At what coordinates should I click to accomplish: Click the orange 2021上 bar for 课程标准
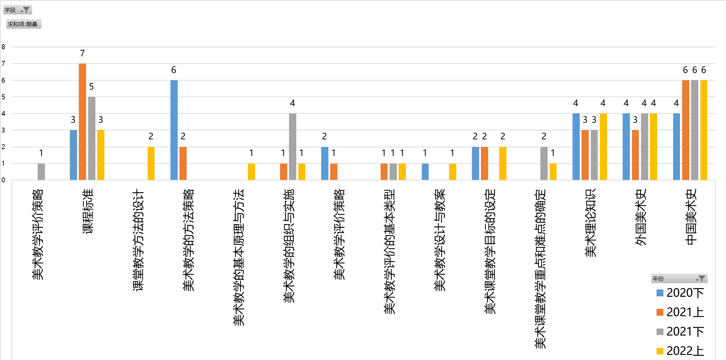[82, 121]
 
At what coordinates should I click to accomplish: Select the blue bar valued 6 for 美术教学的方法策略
[174, 130]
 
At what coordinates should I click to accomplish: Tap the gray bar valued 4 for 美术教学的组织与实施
[292, 146]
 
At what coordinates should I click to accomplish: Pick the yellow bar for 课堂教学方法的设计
[151, 163]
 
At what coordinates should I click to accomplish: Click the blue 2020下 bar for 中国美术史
[677, 146]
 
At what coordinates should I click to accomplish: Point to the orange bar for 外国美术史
[635, 155]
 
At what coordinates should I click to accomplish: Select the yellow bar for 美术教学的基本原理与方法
[251, 172]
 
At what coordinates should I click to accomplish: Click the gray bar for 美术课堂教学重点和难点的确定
[544, 163]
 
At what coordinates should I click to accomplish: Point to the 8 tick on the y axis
[3, 47]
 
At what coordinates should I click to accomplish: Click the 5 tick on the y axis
[3, 97]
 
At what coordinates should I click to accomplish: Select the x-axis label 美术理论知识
[590, 223]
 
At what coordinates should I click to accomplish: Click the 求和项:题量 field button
[23, 24]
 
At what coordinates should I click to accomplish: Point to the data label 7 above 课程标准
[82, 53]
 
